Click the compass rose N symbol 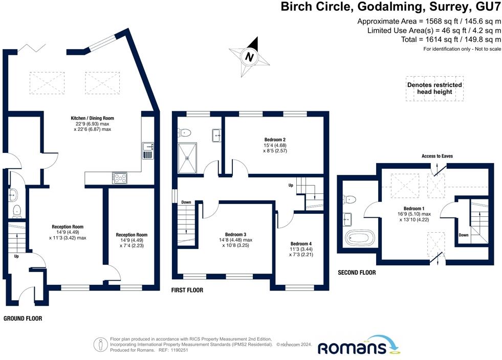pyautogui.click(x=249, y=57)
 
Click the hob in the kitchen pyautogui.click(x=120, y=178)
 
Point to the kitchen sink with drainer pyautogui.click(x=148, y=151)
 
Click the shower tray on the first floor pyautogui.click(x=187, y=158)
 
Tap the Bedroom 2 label pyautogui.click(x=275, y=140)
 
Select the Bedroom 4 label pyautogui.click(x=301, y=243)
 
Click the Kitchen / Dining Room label pyautogui.click(x=92, y=118)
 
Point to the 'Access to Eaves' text pyautogui.click(x=437, y=156)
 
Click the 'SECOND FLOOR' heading pyautogui.click(x=357, y=273)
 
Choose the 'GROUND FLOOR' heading pyautogui.click(x=23, y=319)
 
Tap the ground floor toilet pyautogui.click(x=17, y=211)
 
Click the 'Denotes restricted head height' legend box pyautogui.click(x=434, y=88)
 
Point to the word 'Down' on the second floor pyautogui.click(x=464, y=235)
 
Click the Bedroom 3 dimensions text pyautogui.click(x=235, y=242)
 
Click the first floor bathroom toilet pyautogui.click(x=185, y=132)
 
